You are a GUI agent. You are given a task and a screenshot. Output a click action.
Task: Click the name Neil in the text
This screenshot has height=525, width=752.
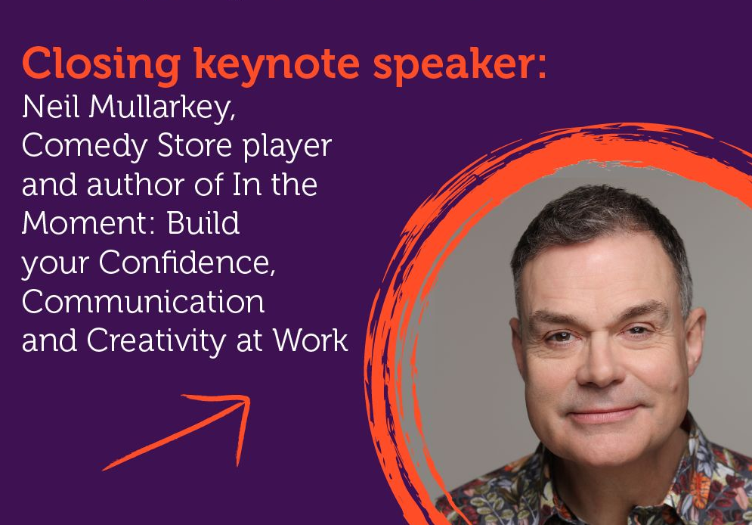(x=51, y=107)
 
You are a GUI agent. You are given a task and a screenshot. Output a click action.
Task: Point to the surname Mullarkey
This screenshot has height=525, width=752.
(x=162, y=108)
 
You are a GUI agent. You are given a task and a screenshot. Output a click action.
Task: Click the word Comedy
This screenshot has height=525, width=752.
(x=85, y=147)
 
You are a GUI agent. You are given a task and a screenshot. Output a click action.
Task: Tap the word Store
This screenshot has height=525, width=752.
(x=195, y=146)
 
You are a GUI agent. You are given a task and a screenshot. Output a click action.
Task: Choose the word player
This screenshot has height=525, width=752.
(x=287, y=147)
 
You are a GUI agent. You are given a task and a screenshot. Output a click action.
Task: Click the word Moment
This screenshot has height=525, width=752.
(x=87, y=224)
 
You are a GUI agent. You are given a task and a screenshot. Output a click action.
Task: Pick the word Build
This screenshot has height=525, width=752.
(x=203, y=224)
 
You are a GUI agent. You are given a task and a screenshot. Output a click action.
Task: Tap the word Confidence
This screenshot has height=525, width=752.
(x=187, y=263)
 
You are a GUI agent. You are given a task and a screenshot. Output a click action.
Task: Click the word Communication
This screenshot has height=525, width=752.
(x=143, y=302)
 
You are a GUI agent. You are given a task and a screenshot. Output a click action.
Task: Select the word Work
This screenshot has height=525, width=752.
(x=311, y=340)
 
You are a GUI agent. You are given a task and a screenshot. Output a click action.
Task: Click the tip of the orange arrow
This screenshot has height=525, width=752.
(x=249, y=398)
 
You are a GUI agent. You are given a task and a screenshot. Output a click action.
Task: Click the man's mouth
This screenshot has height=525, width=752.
(x=603, y=414)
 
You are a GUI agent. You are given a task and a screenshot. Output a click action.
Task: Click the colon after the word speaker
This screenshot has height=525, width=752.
(x=541, y=67)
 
